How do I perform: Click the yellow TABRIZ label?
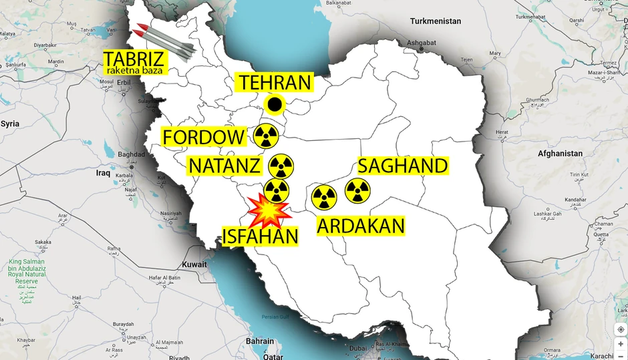133,57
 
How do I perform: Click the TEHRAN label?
275,83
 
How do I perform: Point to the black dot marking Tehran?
275,105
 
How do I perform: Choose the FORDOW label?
204,138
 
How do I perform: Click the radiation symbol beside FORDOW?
266,137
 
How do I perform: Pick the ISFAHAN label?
260,234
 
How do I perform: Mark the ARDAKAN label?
361,225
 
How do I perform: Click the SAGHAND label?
402,166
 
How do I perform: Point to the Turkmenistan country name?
436,21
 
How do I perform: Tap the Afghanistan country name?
560,154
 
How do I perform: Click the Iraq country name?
103,173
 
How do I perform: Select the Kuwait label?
194,264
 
